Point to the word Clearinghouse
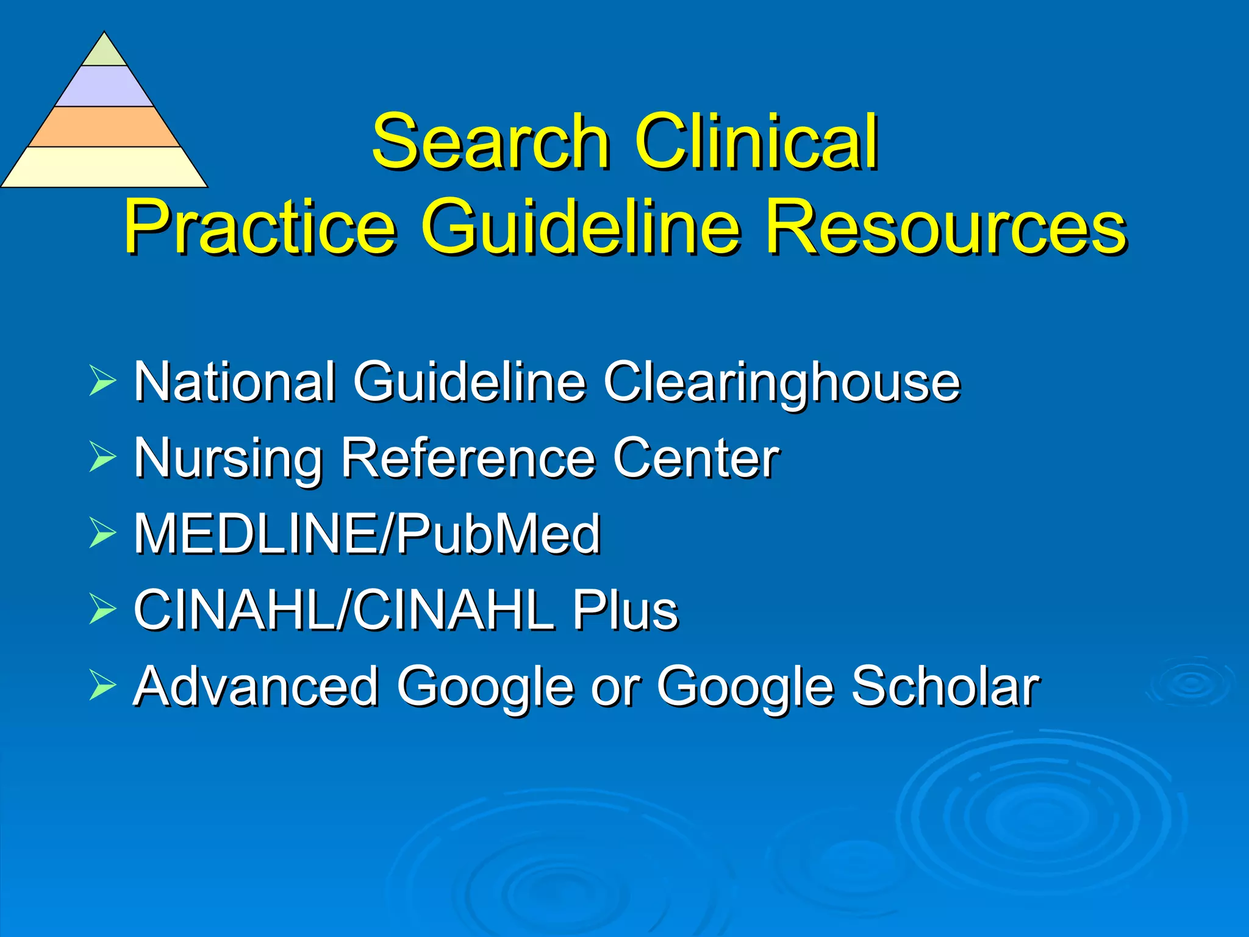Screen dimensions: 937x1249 tap(782, 382)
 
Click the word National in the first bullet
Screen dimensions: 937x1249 tap(235, 382)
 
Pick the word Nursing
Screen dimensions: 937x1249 tap(228, 459)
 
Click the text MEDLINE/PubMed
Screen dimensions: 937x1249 tap(367, 534)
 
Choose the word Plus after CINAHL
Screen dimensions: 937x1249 tap(624, 610)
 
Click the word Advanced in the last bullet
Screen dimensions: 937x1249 tap(256, 686)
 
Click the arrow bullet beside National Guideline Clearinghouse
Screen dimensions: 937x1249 tap(102, 381)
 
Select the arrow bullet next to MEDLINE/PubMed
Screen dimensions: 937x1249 tap(102, 533)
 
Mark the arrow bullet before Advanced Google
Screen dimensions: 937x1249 tap(102, 685)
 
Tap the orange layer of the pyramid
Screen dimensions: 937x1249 tap(104, 127)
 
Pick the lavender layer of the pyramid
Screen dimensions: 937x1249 tap(104, 87)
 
